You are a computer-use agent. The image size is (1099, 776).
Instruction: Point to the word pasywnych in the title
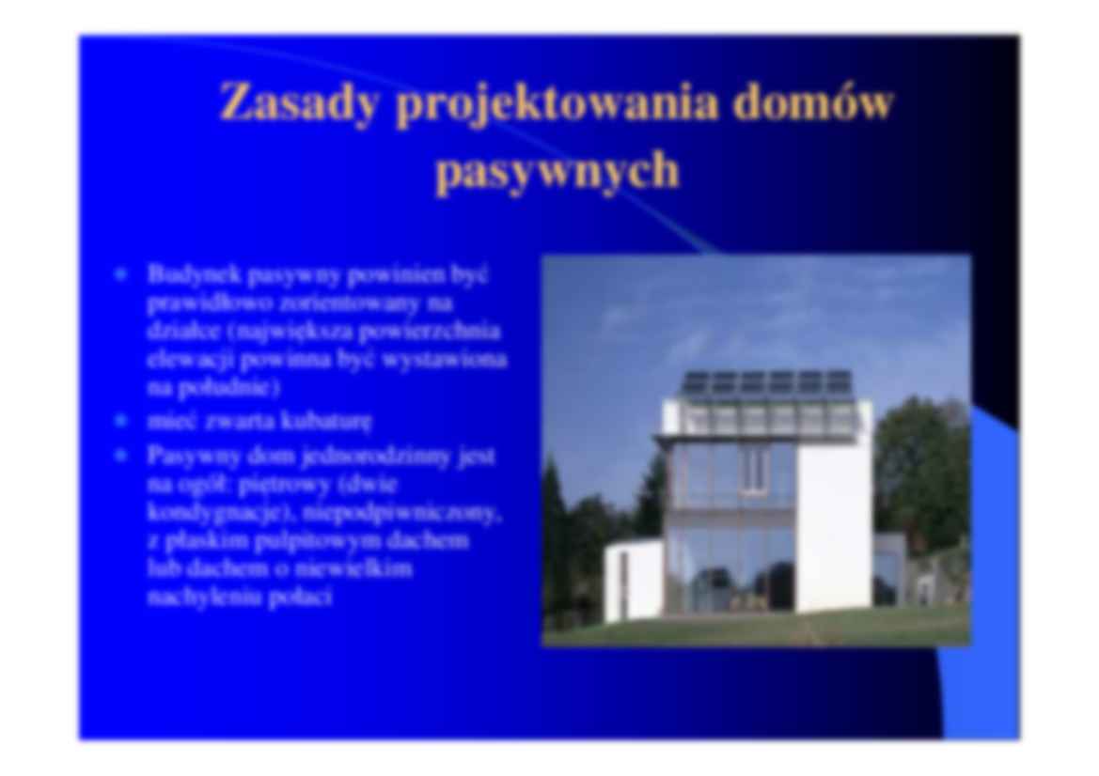click(557, 172)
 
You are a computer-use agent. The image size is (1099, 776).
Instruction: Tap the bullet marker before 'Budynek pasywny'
click(120, 276)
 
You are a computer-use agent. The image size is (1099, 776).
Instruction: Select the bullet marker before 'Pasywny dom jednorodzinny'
click(120, 457)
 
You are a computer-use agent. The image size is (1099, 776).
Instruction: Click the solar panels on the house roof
click(767, 382)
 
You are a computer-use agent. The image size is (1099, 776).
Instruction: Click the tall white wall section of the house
click(833, 526)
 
